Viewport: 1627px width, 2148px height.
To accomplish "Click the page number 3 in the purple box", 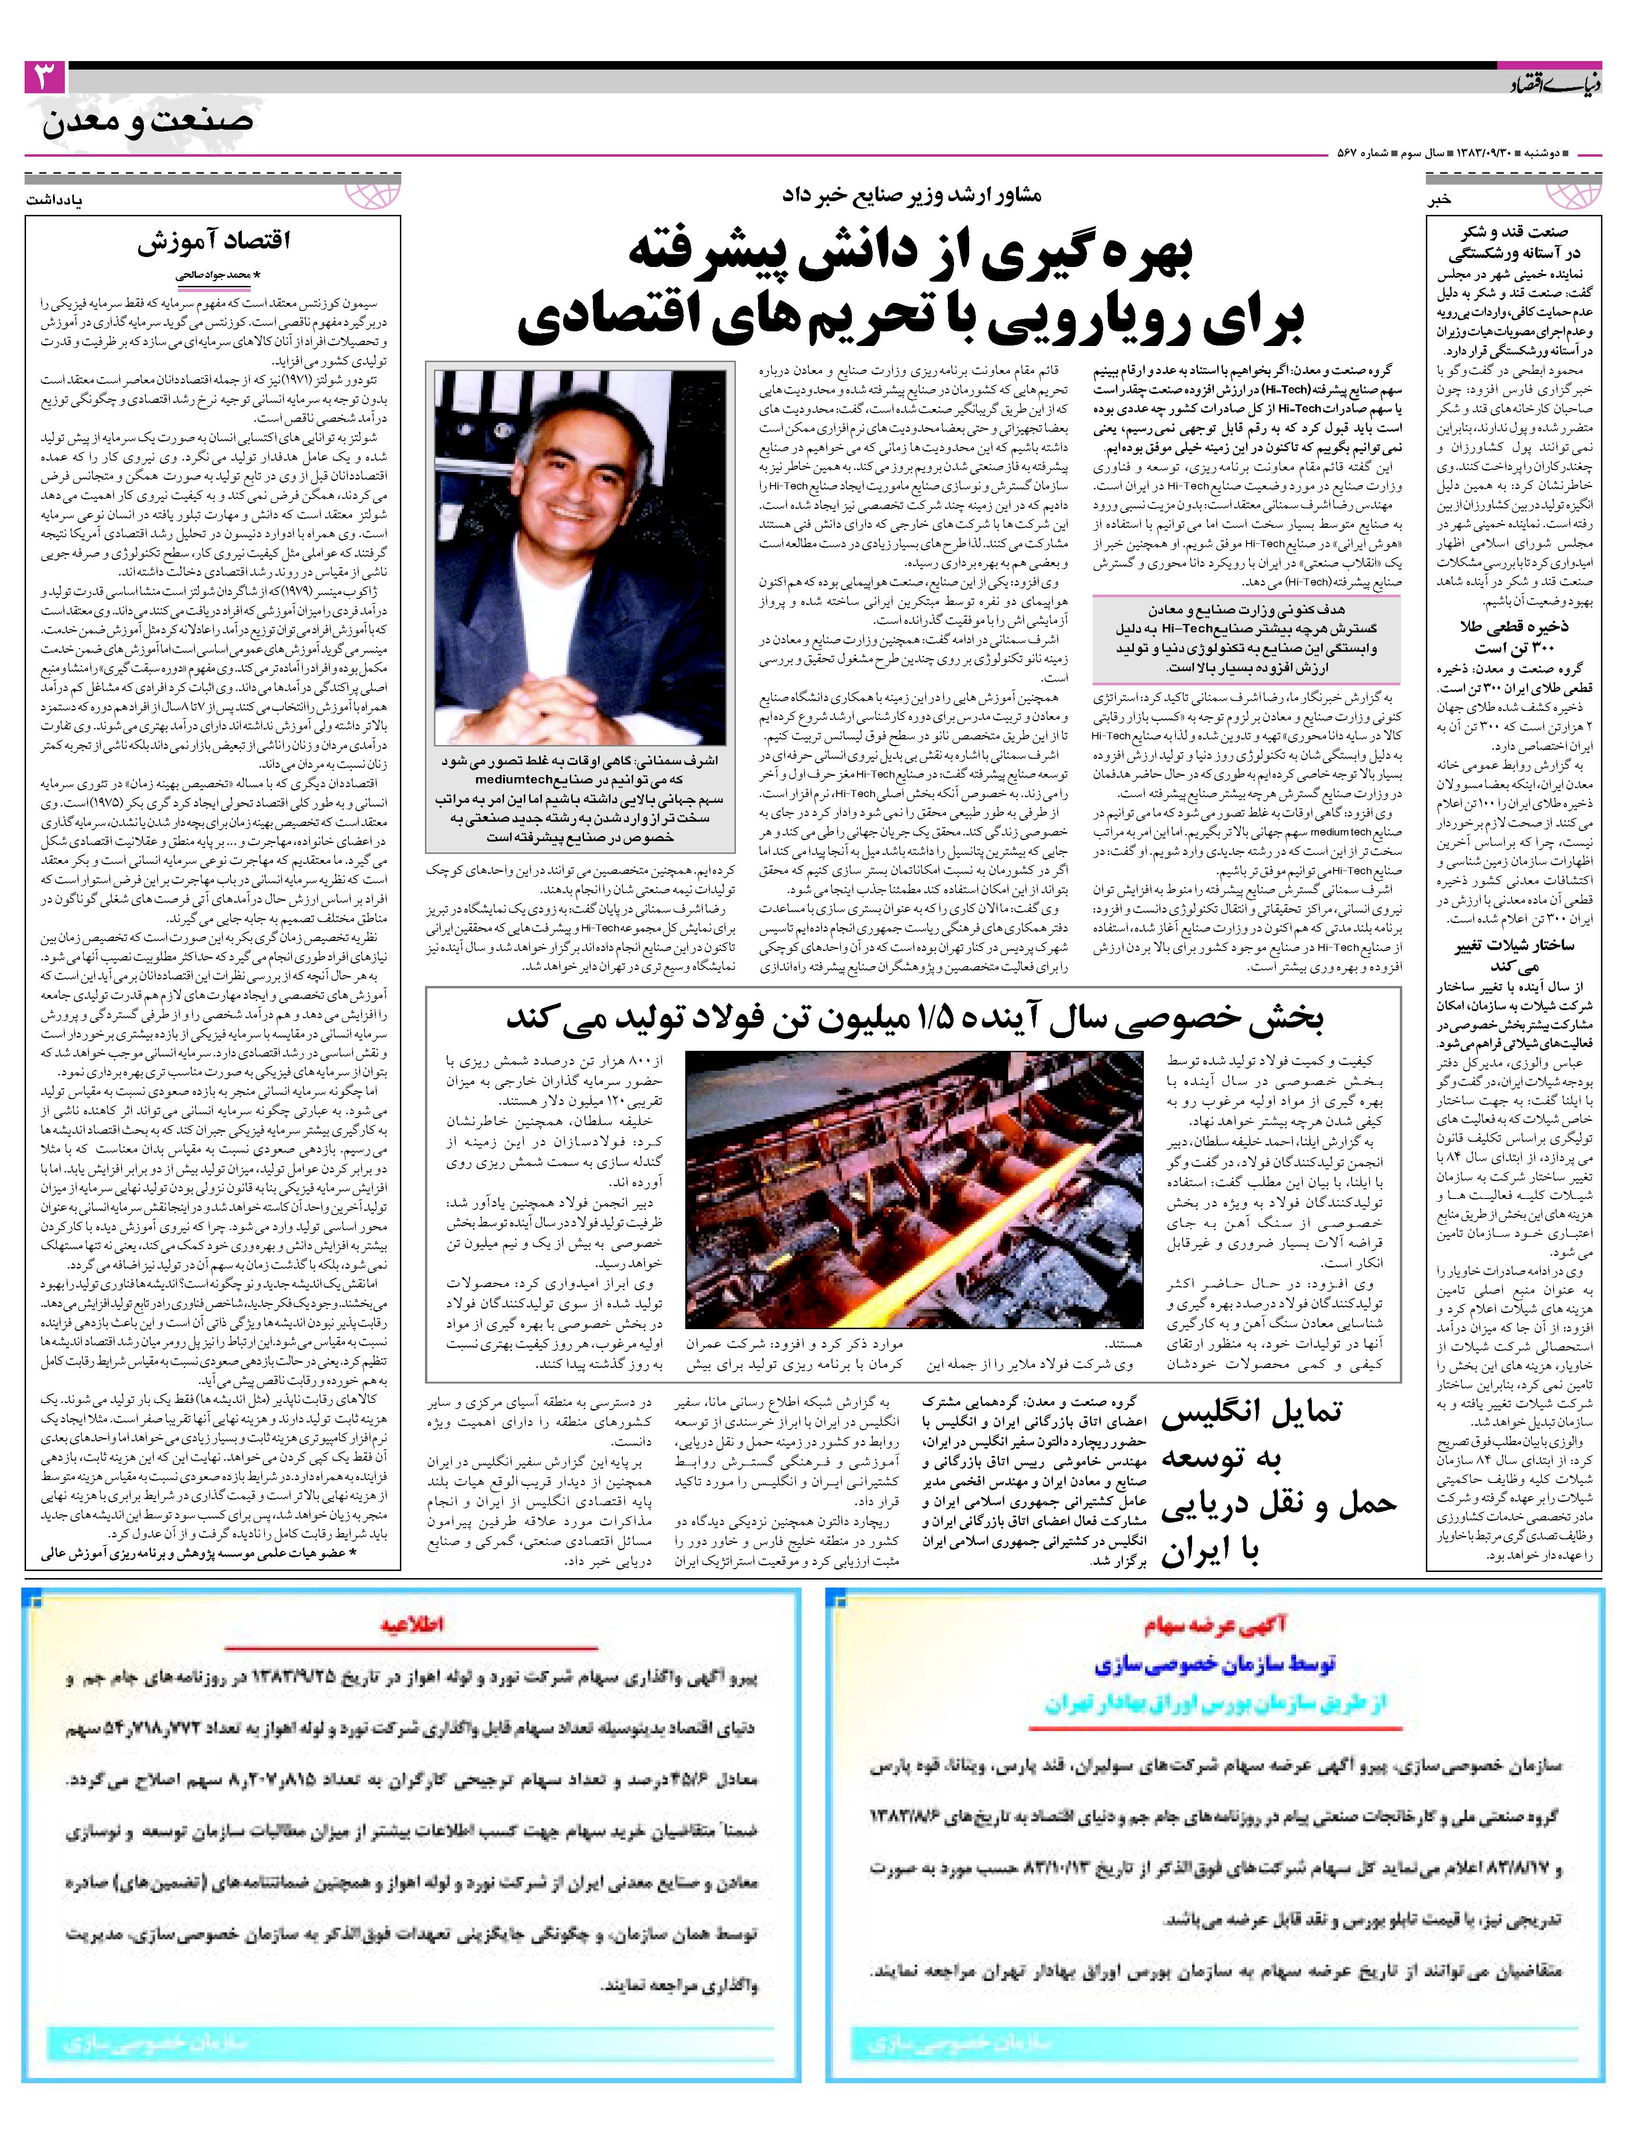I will [x=44, y=78].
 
